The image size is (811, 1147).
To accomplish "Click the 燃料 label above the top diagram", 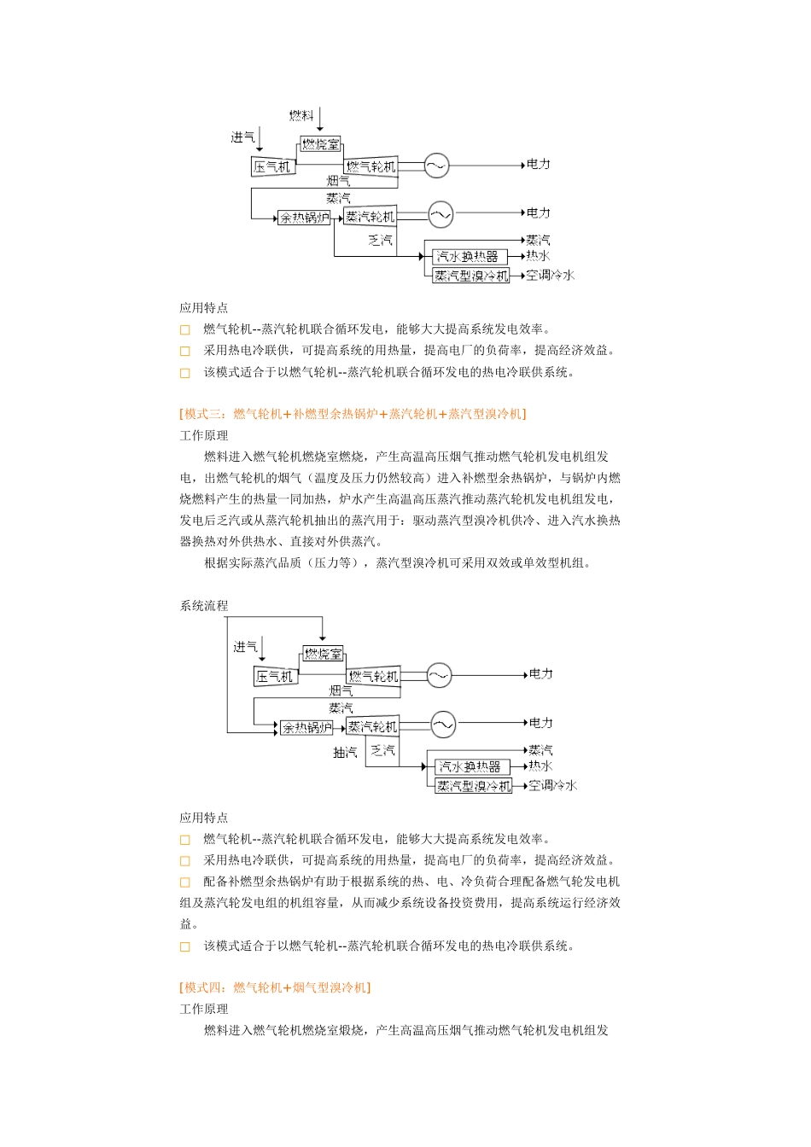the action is pos(301,115).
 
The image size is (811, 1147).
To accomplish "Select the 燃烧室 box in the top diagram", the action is pos(321,144).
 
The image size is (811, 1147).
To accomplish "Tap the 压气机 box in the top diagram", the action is pos(272,166).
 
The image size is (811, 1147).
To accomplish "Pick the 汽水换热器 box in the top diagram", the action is pos(467,256).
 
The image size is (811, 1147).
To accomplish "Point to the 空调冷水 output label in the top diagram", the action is pos(550,275).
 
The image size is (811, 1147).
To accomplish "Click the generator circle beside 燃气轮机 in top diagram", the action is pos(436,166).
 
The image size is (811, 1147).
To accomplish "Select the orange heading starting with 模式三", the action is pos(353,414).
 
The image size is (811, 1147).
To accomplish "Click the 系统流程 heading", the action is pos(204,606).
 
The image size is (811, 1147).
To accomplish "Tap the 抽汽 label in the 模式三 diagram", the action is pos(345,753).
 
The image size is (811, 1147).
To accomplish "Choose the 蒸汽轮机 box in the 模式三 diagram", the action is pos(372,727).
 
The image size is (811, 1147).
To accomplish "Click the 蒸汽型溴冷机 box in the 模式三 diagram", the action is pos(473,786).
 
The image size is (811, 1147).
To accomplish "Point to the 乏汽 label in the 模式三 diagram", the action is pos(382,751).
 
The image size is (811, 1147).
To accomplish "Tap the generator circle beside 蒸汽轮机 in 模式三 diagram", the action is pos(443,725).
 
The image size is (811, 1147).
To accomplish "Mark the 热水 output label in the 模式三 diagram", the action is pos(540,766).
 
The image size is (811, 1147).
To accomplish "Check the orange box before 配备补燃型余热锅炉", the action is pos(184,882).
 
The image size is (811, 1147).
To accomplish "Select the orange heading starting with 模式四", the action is pos(275,987).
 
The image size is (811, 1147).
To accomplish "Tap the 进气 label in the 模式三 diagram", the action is pos(245,647).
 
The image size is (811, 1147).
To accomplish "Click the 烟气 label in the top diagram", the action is pos(339,181).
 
